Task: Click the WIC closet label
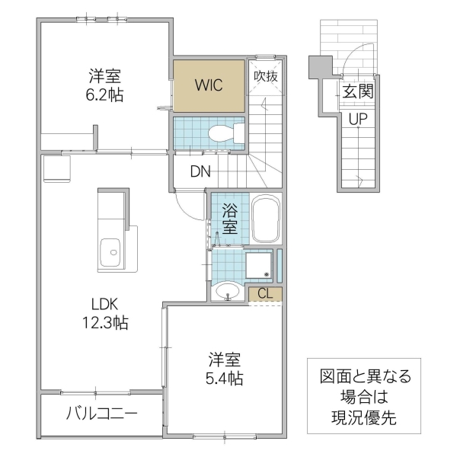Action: click(x=208, y=84)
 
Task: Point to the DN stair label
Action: click(x=201, y=171)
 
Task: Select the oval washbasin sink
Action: click(x=226, y=291)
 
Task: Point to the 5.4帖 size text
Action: click(x=225, y=376)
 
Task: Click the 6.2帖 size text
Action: click(x=105, y=94)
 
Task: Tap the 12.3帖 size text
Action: click(x=104, y=324)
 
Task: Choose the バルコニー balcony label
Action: click(x=101, y=415)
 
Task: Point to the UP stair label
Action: click(x=357, y=119)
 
